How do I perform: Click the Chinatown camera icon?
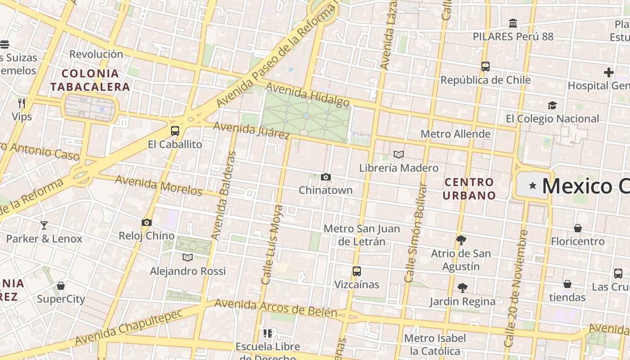coord(326,177)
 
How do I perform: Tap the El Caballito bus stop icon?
coord(175,131)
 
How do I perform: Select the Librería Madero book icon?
coord(398,155)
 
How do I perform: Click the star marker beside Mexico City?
coord(533,185)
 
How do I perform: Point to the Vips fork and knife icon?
coord(21,103)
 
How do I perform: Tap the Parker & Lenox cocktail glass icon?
coord(44,225)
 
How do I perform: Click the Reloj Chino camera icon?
coord(146,222)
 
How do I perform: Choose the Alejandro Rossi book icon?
coord(188,257)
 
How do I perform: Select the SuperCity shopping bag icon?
coord(61,286)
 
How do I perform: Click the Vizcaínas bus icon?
coord(357,271)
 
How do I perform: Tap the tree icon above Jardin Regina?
coord(462,288)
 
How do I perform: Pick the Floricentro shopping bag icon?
coord(578,228)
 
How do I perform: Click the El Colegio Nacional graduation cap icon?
coord(552,105)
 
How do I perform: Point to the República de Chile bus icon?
coord(485,67)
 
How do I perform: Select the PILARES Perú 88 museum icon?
coord(513,23)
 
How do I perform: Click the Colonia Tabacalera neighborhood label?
coord(90,80)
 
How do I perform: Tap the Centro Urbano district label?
coord(469,189)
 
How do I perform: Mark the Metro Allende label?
coord(455,134)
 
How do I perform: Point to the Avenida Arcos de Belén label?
coord(275,308)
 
